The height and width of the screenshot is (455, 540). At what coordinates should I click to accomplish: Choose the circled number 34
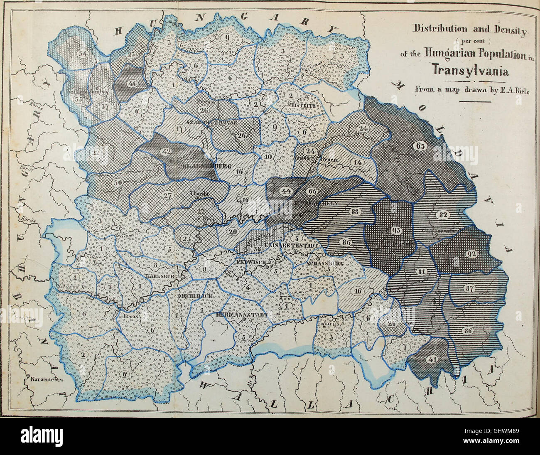coord(82,54)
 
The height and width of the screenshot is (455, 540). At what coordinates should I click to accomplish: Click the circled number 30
coord(118,182)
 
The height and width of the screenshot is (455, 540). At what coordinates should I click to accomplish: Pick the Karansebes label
coord(45,379)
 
